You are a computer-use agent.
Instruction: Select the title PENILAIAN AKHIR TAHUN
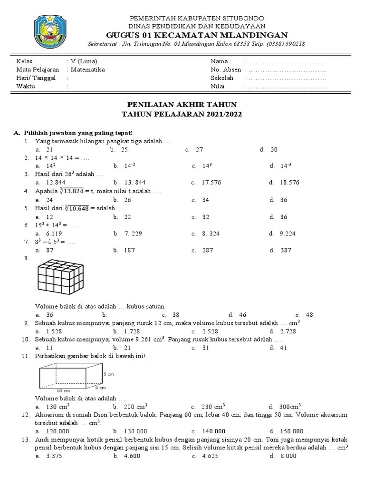coord(182,104)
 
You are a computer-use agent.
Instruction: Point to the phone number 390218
coord(295,44)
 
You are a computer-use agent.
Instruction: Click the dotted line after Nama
coord(287,61)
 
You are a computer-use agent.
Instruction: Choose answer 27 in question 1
coord(199,149)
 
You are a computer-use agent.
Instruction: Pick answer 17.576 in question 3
coord(211,182)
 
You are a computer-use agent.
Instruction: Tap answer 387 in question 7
coord(286,250)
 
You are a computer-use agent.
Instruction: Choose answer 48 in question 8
coord(310,315)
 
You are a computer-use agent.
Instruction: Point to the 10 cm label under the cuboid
coord(63,390)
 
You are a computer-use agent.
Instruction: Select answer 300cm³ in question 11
coord(290,407)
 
